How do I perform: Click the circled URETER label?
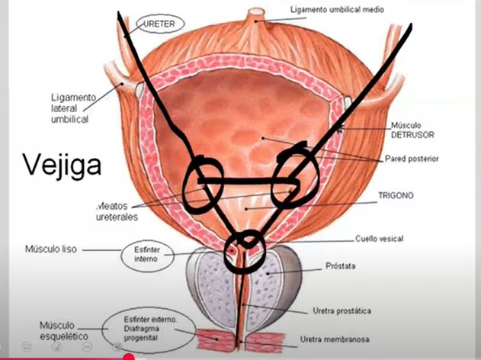tap(160, 24)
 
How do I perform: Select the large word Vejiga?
tap(62, 163)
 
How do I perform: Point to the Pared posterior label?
tap(412, 159)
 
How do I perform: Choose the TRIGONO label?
tap(396, 195)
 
